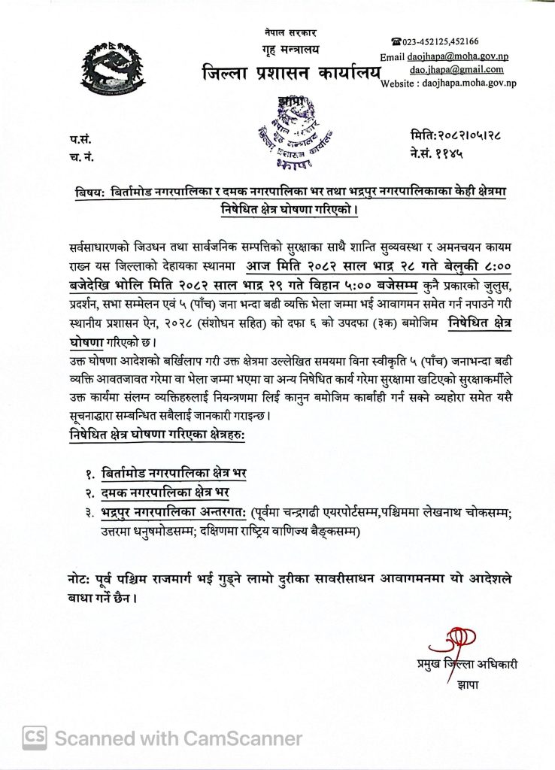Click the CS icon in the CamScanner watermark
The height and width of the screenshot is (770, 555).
tap(35, 739)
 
